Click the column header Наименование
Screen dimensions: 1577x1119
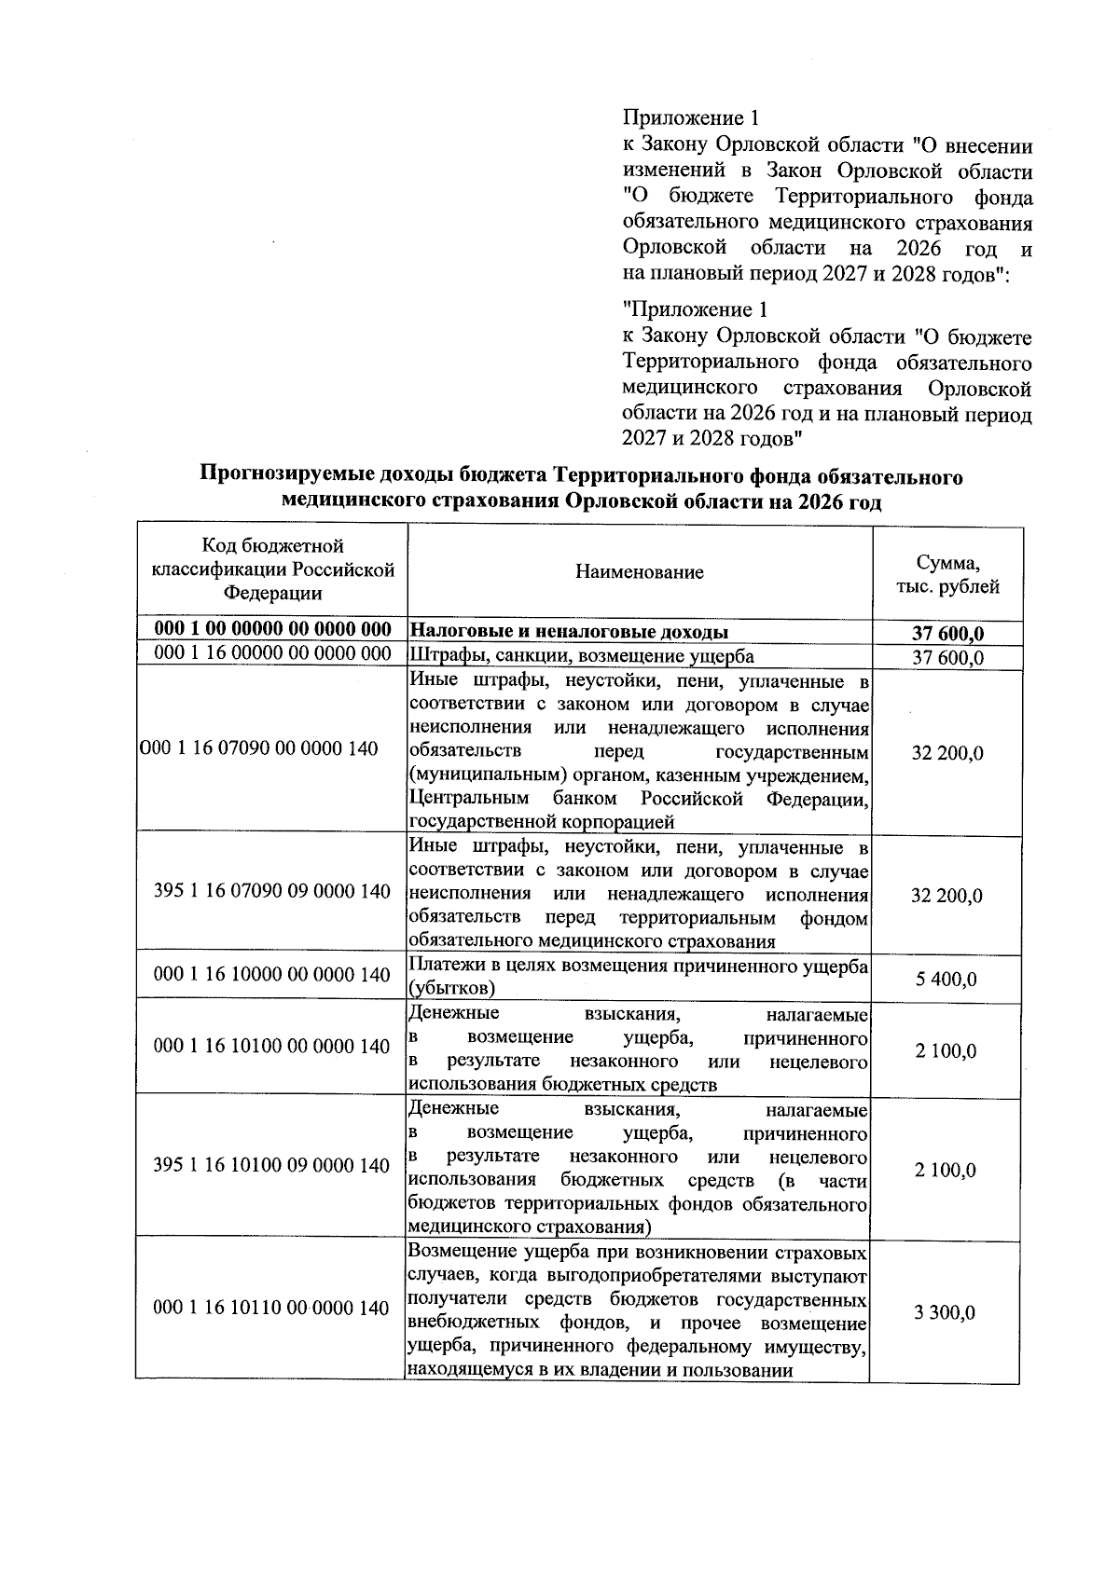[639, 572]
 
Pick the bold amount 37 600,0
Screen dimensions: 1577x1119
[947, 635]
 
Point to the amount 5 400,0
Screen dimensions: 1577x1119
[946, 980]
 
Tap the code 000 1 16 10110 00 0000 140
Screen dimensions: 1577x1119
[271, 1309]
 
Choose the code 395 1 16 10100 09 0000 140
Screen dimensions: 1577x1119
[271, 1166]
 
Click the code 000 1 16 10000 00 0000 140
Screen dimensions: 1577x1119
[271, 975]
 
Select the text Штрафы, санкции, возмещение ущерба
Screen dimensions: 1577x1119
[581, 656]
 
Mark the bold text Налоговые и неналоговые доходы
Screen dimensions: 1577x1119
[569, 632]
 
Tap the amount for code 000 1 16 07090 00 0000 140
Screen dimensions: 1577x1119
[946, 753]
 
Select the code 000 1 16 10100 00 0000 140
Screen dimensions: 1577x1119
[271, 1047]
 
